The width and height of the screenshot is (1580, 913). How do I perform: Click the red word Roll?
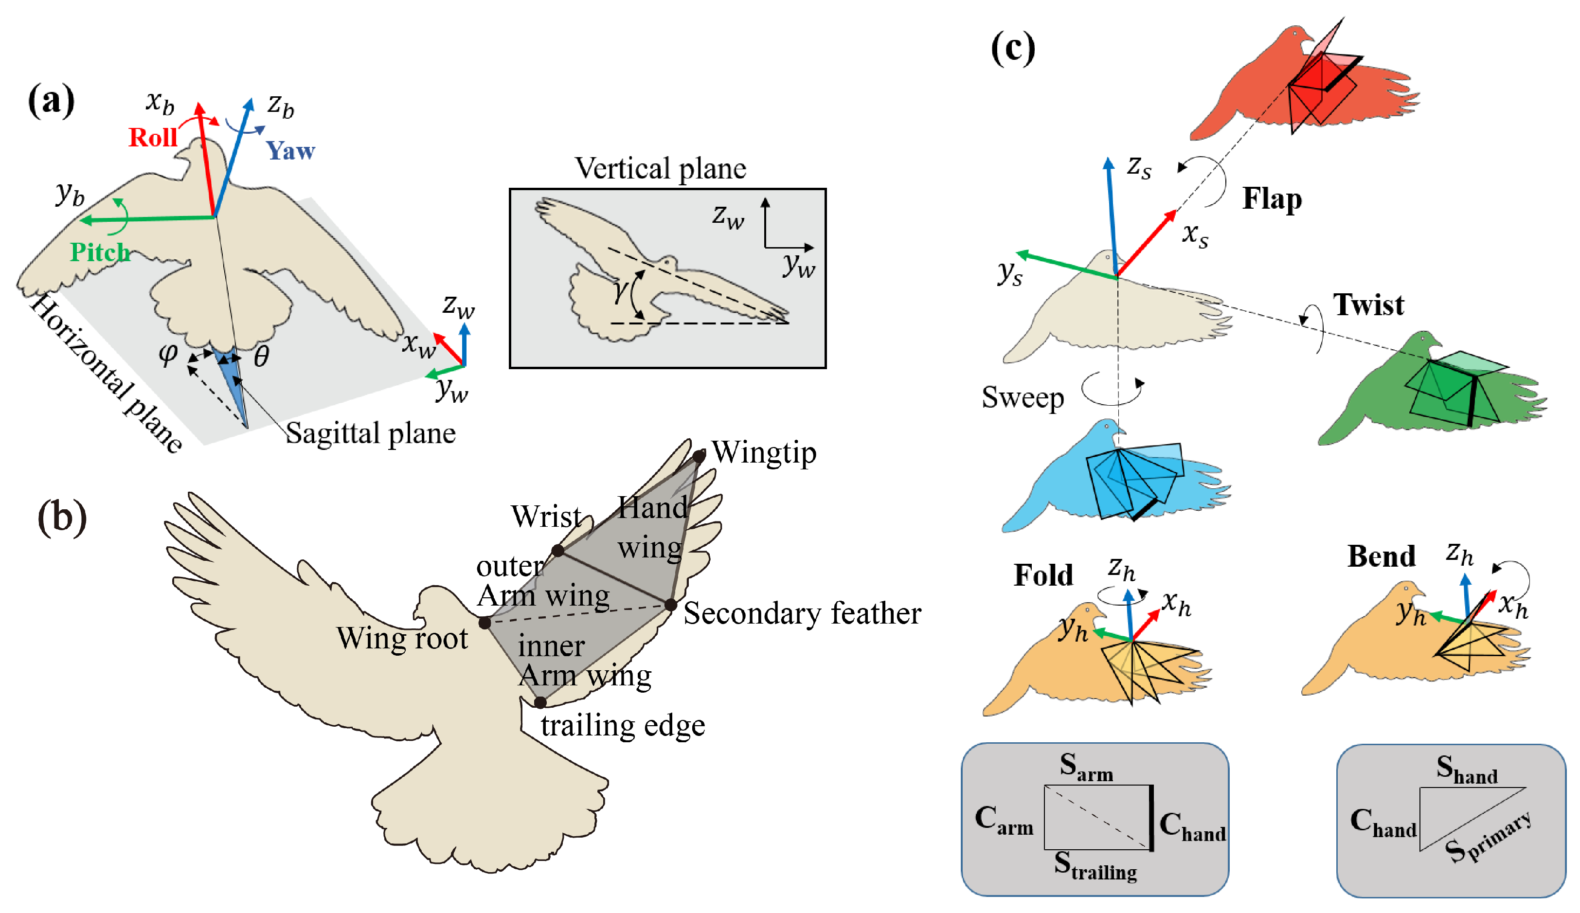[x=152, y=137]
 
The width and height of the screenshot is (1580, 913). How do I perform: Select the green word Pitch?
[x=100, y=253]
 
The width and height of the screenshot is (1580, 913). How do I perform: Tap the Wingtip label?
[x=764, y=453]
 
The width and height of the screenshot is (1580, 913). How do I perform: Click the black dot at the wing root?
[x=485, y=623]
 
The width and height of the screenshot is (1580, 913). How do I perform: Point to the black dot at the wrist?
[x=557, y=551]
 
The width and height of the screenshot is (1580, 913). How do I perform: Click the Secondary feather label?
[x=802, y=613]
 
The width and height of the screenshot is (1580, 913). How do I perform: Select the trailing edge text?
[x=623, y=726]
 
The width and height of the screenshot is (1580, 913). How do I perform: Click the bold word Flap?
[x=1272, y=199]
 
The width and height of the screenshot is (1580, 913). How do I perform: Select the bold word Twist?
[x=1368, y=305]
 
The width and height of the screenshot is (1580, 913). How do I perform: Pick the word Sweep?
[x=1023, y=397]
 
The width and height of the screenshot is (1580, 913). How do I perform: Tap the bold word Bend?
[x=1381, y=556]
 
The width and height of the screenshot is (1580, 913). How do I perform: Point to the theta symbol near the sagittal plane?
[x=261, y=357]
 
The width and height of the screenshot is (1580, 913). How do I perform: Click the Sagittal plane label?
[x=371, y=433]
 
